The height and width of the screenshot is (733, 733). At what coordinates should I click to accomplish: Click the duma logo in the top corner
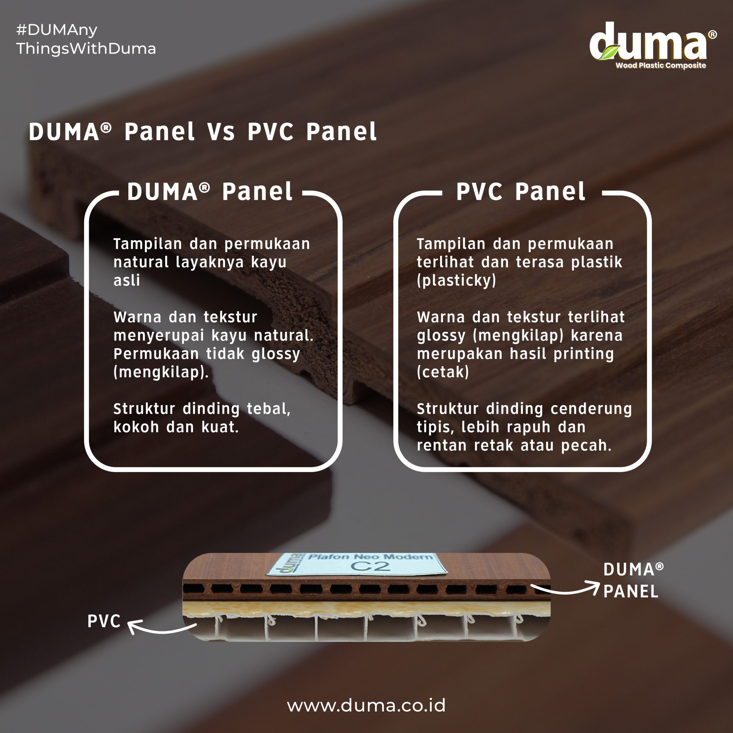pos(653,46)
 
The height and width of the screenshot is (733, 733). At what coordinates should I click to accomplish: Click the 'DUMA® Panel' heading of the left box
pos(210,191)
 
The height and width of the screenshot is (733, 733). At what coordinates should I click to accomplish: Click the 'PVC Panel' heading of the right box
pos(521,191)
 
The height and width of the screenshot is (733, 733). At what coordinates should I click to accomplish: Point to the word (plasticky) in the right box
pos(456,280)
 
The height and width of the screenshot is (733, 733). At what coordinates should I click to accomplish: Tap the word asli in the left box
pos(127,280)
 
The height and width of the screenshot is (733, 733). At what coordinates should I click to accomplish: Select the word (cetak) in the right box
pos(443,372)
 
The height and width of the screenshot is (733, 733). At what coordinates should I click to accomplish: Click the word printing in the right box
pos(584,354)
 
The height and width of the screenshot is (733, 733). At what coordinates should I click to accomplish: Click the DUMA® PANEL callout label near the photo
pos(633,580)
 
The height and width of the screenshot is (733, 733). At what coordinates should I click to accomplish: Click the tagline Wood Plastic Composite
pos(661,65)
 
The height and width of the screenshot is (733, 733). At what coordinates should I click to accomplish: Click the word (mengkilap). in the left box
pos(161,372)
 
